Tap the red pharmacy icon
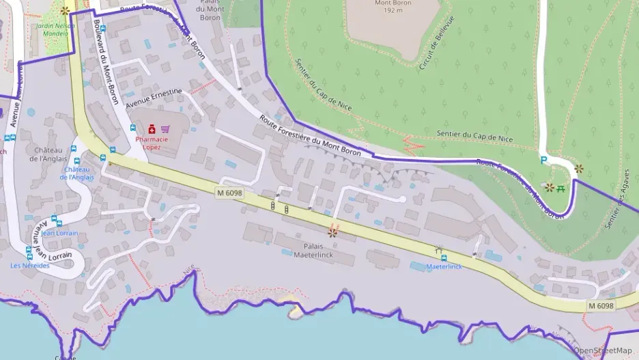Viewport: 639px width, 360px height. (151, 128)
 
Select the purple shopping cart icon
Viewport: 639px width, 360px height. (165, 128)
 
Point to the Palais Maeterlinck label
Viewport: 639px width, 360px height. (313, 250)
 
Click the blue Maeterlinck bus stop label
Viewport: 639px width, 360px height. (444, 266)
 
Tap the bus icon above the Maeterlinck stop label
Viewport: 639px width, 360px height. (444, 258)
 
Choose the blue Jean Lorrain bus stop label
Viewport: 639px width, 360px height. (59, 233)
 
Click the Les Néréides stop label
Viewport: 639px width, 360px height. (29, 265)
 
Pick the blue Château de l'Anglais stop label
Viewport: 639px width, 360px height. (76, 174)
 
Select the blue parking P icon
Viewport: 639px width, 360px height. (543, 160)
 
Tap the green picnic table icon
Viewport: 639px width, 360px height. (560, 187)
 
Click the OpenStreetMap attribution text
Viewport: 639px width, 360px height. (603, 350)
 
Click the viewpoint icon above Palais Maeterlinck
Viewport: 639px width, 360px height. (333, 232)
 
